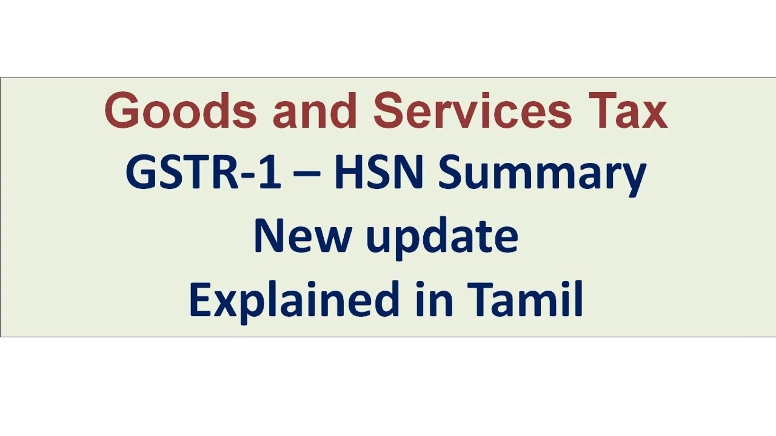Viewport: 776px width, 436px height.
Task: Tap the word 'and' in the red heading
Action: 314,111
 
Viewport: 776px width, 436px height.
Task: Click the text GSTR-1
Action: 202,173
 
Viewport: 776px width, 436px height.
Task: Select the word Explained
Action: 295,300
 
